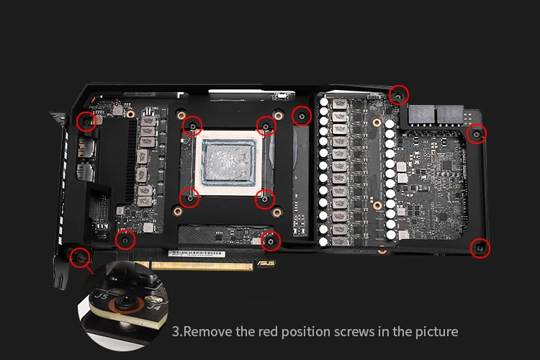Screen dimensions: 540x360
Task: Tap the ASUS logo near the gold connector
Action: tap(266, 264)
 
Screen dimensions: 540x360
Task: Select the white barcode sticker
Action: tap(197, 254)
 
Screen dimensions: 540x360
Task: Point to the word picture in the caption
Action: tap(437, 332)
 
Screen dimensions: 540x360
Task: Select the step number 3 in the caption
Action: tap(175, 332)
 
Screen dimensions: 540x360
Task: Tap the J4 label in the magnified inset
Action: tap(154, 306)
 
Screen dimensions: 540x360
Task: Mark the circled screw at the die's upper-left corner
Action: tap(192, 126)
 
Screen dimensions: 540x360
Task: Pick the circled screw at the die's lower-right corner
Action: tap(264, 199)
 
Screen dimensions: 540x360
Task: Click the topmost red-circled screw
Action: tap(399, 95)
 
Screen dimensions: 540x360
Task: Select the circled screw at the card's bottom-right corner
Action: tap(480, 248)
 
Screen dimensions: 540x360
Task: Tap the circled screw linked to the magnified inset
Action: tap(79, 257)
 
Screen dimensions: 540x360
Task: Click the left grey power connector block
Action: tap(421, 114)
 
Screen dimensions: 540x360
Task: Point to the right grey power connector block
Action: tap(450, 114)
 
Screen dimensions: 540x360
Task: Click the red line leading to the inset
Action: tap(89, 269)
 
